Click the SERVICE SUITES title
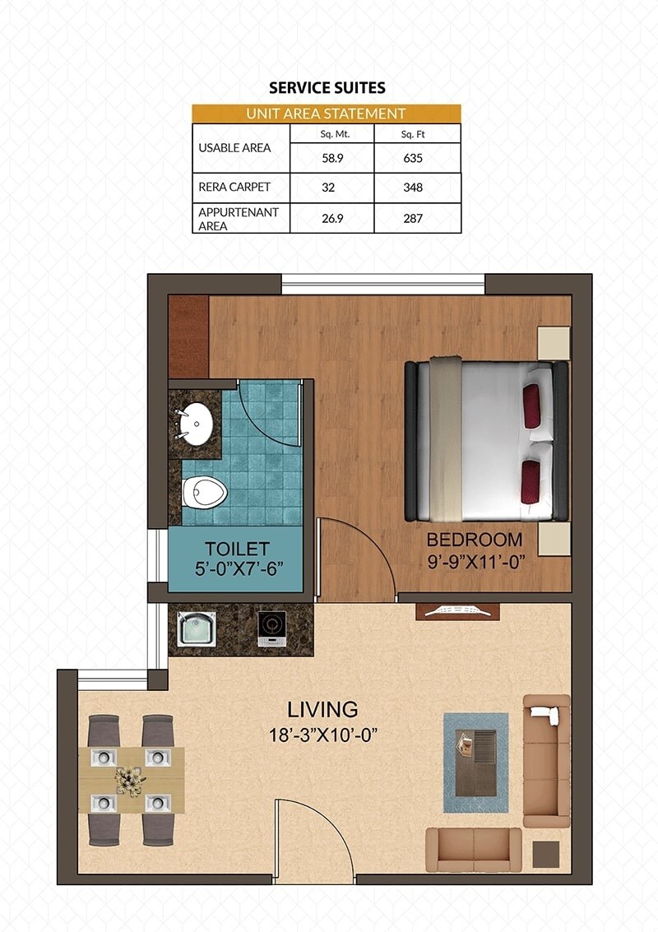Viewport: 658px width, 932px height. pos(327,88)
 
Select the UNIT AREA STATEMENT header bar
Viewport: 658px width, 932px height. pos(326,114)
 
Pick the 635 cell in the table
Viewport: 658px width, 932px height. pos(413,158)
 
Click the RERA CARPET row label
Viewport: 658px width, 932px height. pos(234,187)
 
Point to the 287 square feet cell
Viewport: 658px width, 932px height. pos(413,219)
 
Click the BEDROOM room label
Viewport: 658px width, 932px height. pos(474,540)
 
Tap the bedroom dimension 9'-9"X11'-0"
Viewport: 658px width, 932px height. pos(474,564)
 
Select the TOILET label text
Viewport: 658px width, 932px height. pos(237,549)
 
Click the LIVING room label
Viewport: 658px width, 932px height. pos(322,708)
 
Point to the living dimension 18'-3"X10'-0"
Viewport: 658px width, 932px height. pos(322,734)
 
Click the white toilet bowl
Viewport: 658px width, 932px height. pos(203,493)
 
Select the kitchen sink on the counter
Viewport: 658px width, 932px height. pos(197,628)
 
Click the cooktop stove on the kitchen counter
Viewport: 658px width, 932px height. pos(271,627)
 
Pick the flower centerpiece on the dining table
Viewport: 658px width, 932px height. pos(130,780)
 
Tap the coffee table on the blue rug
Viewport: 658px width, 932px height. pos(476,763)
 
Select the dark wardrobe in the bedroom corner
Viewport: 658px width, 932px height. pos(188,336)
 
